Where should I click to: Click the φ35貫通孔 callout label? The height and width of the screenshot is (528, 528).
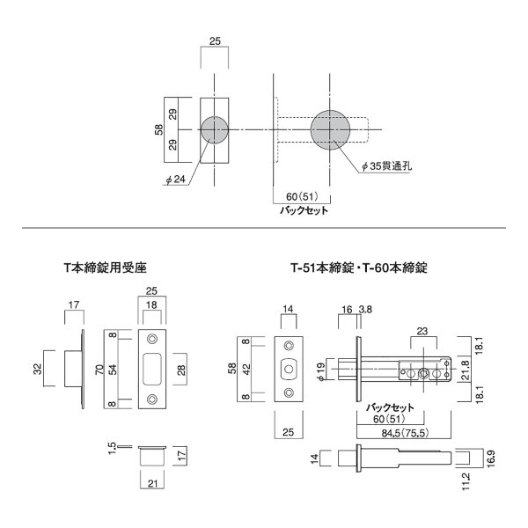click(386, 166)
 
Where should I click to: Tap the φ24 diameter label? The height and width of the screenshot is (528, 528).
click(176, 180)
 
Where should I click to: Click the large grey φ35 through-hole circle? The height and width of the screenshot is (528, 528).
click(330, 129)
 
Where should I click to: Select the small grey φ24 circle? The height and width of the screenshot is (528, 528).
click(215, 130)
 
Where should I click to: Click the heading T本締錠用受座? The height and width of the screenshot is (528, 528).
click(106, 268)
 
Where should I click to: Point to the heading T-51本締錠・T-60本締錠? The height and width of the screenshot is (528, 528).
click(359, 268)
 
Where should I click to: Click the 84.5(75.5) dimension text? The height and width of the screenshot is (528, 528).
click(405, 433)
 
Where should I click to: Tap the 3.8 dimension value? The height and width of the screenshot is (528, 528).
click(365, 310)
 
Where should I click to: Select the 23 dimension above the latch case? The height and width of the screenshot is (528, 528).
click(422, 332)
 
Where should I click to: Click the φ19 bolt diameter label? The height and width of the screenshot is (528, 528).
click(321, 371)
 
